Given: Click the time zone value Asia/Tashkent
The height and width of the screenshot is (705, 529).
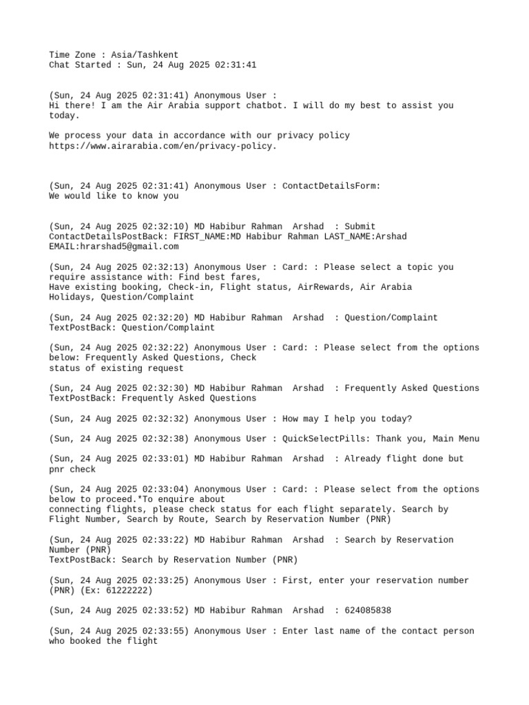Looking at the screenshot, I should [x=145, y=54].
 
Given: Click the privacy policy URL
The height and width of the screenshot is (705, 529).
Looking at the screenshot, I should [x=163, y=146].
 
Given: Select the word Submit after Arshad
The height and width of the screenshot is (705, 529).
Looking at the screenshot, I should [x=360, y=227].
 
